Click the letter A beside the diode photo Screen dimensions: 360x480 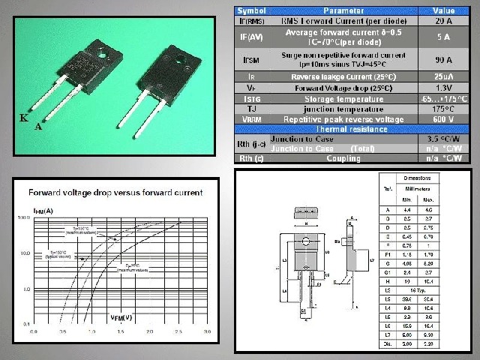37,127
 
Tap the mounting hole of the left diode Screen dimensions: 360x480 102,52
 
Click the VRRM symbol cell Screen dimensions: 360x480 253,118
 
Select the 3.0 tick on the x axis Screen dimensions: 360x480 206,331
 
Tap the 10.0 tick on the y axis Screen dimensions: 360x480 25,253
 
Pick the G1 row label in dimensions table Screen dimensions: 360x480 388,272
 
